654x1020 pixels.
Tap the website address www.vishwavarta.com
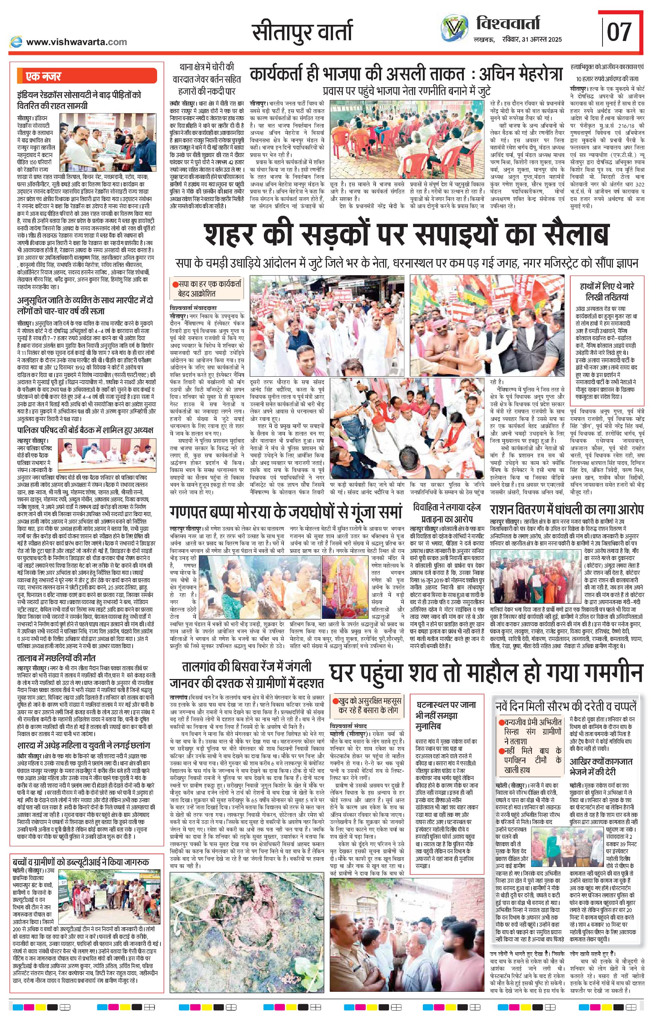76,42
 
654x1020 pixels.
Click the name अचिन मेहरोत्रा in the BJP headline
520,74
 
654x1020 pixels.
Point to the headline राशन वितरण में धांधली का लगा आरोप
567,509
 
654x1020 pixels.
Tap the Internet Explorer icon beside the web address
16,42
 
